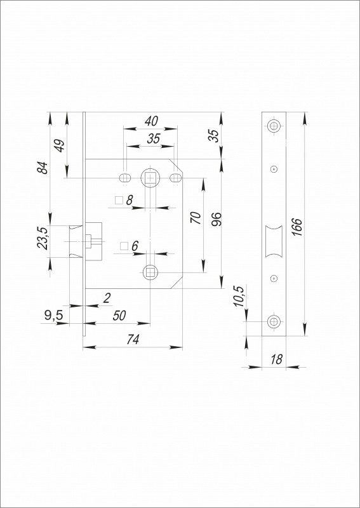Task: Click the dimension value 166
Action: (297, 227)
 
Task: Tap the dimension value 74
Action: (133, 339)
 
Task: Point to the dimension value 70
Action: (196, 217)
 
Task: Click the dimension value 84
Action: (43, 168)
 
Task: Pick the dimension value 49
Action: (59, 145)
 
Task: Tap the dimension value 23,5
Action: (43, 238)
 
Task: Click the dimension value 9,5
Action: (54, 316)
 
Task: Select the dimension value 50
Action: (119, 316)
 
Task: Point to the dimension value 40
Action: (151, 121)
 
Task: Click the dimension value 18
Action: (276, 359)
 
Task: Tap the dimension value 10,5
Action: (239, 296)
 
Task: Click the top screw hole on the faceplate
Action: (274, 126)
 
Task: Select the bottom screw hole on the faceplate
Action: (274, 321)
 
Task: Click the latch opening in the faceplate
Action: (274, 241)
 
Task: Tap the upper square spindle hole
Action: (150, 178)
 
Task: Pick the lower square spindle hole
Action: (150, 272)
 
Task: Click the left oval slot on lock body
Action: (124, 178)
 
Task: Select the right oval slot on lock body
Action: (175, 178)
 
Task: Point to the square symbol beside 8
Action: (119, 200)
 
